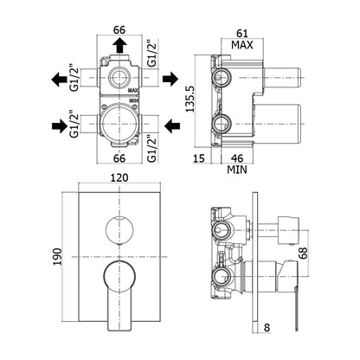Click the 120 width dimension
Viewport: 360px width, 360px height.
[119, 177]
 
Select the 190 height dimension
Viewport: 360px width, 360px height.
[58, 256]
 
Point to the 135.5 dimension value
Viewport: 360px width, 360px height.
[190, 99]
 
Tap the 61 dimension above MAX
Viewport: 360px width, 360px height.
[242, 34]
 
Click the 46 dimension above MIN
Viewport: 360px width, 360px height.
[237, 158]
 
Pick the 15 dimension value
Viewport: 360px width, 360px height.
[198, 158]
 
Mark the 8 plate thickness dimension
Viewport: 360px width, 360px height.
[267, 327]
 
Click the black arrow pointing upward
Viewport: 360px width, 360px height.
[119, 46]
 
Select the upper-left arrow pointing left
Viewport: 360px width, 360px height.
[59, 79]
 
